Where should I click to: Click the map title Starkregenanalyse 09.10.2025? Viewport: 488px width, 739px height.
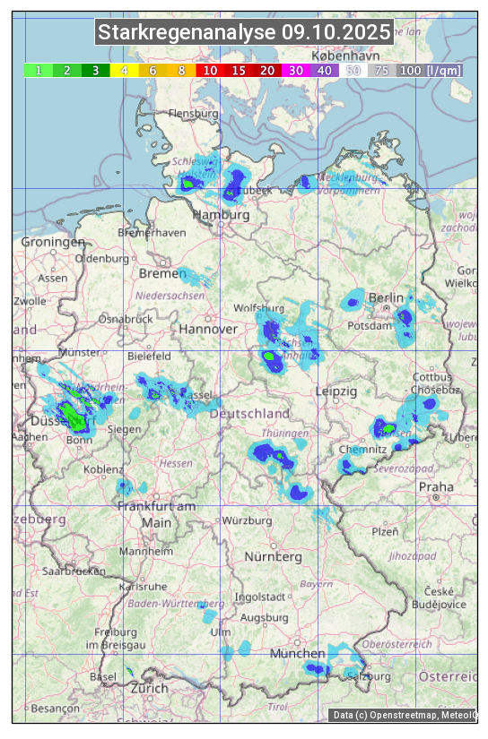tap(244, 33)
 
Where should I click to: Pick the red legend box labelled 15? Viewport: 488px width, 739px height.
tap(239, 70)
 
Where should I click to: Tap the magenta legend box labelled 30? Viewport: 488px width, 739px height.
tap(296, 70)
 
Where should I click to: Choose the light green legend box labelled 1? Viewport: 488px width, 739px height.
tap(39, 70)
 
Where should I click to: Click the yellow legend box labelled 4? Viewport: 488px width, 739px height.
tap(125, 70)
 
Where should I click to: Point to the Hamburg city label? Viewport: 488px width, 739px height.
tap(221, 216)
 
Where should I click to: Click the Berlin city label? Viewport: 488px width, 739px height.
tap(387, 297)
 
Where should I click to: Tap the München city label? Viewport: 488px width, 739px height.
tap(297, 653)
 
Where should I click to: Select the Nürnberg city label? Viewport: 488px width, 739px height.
tap(274, 557)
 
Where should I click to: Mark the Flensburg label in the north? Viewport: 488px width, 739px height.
tap(194, 115)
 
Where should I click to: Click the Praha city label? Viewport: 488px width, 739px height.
tap(435, 486)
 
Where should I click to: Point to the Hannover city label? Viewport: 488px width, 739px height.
tap(208, 330)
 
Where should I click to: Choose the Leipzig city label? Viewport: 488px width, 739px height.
tap(336, 391)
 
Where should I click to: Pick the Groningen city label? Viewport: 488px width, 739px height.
tap(53, 243)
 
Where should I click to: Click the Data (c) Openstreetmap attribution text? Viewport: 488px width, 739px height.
tap(405, 715)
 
